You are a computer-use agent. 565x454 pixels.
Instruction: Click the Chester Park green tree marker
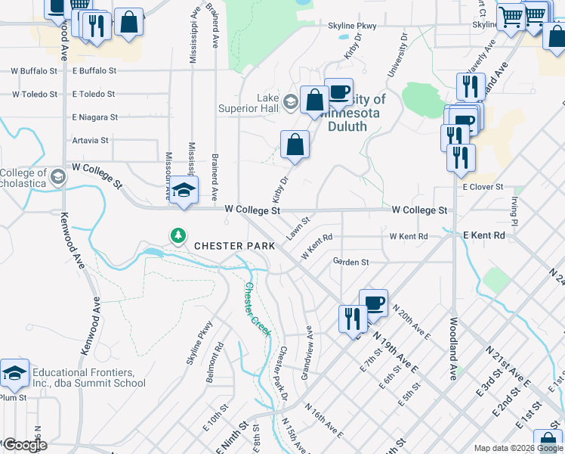178,236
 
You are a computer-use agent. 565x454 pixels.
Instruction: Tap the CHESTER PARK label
230,246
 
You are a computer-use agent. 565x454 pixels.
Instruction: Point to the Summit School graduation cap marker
14,373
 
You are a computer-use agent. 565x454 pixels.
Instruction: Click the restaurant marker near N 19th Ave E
353,319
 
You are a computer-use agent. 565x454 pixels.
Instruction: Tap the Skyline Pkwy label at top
352,26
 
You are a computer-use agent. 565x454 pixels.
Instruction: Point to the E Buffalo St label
94,70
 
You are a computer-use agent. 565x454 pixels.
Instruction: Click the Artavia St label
91,140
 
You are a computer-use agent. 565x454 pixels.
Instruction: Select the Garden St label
350,262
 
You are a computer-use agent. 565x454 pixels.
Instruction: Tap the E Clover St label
483,186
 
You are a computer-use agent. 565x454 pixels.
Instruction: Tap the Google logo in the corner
25,445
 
